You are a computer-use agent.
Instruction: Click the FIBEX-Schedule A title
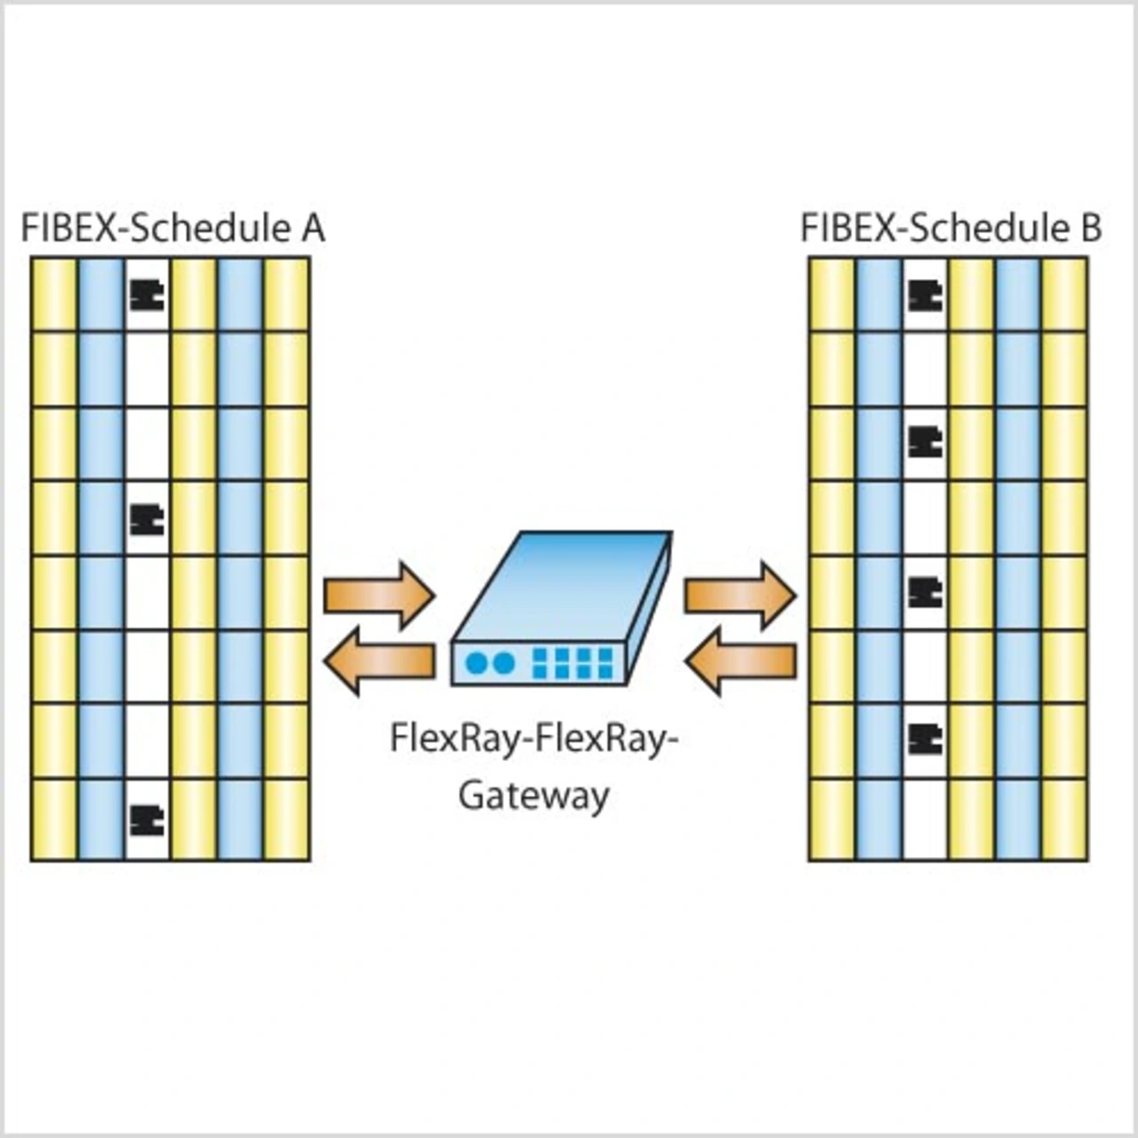[x=172, y=228]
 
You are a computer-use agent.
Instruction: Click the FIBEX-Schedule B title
[x=950, y=228]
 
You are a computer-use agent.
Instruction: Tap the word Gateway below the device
[x=533, y=795]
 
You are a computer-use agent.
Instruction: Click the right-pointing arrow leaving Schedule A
[x=379, y=595]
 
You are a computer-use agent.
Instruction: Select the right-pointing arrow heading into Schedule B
[x=739, y=595]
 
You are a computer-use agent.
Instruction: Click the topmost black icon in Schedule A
[x=147, y=295]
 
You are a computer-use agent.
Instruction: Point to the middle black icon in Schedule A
[x=147, y=519]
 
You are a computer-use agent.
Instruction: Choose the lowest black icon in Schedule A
[x=147, y=820]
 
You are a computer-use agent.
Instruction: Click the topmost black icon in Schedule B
[x=925, y=295]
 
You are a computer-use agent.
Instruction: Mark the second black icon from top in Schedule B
[x=925, y=441]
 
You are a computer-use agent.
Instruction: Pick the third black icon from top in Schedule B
[x=925, y=591]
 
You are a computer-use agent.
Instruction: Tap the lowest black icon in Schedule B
[x=925, y=737]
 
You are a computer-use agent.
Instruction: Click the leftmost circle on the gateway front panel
[x=477, y=663]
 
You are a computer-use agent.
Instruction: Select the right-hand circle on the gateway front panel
[x=503, y=663]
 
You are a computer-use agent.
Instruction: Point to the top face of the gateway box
[x=560, y=582]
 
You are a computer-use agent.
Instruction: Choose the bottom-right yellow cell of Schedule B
[x=1064, y=820]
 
